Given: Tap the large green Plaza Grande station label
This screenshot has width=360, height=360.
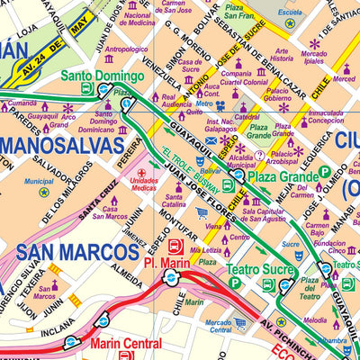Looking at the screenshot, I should pyautogui.click(x=283, y=177).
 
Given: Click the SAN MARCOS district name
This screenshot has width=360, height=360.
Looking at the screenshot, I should pyautogui.click(x=69, y=252).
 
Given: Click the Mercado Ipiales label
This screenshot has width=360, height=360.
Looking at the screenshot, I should pyautogui.click(x=314, y=58).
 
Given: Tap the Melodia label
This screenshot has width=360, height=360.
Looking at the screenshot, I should pyautogui.click(x=315, y=320).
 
